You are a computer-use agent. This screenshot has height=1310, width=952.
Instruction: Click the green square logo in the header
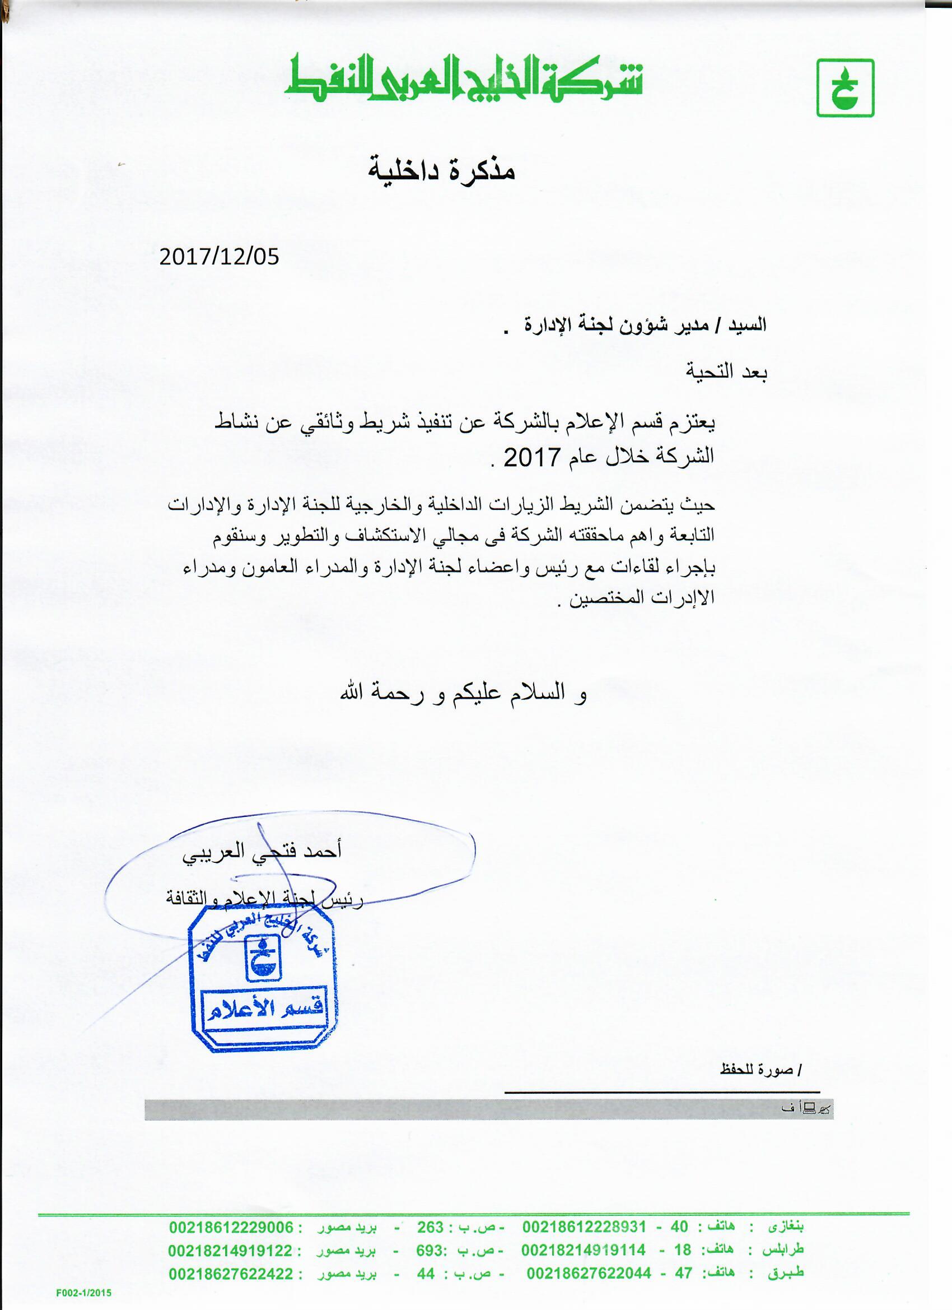tap(845, 89)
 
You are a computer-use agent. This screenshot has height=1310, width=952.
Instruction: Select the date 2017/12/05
tap(219, 257)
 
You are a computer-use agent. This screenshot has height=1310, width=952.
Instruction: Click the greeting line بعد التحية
tap(726, 372)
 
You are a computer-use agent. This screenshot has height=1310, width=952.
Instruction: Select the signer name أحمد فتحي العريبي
tap(262, 851)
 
